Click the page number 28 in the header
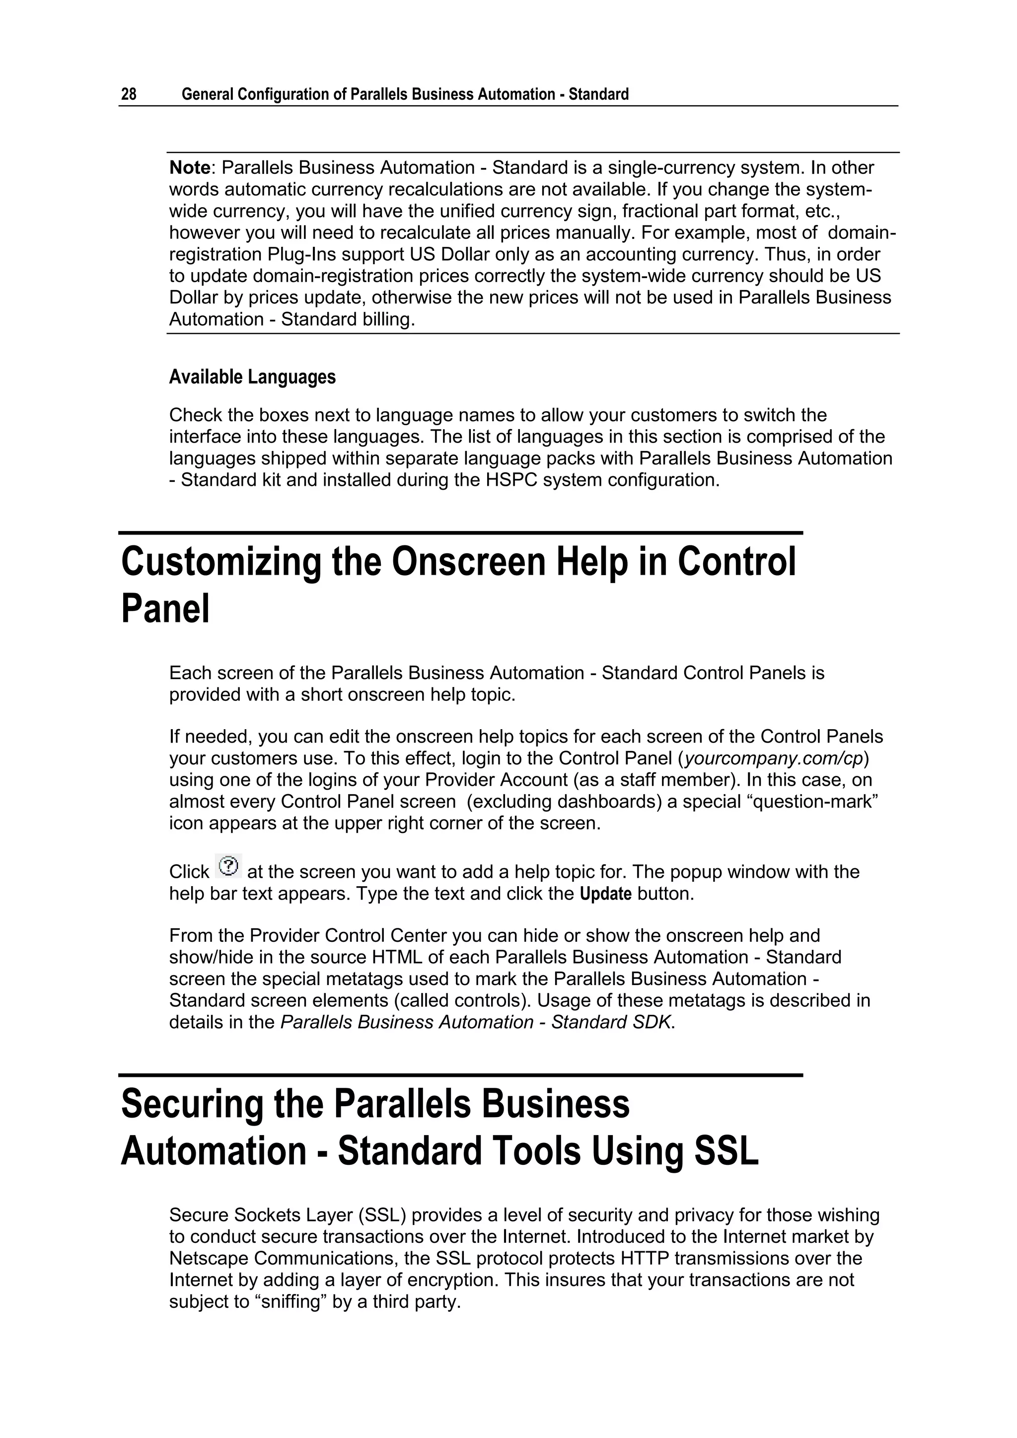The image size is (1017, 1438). [x=129, y=94]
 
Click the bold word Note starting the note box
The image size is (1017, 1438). [x=190, y=168]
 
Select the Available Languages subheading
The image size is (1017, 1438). [x=252, y=377]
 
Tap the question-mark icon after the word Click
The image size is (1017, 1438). [x=228, y=866]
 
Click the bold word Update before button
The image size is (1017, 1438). [x=605, y=894]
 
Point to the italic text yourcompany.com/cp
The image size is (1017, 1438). [x=774, y=758]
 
